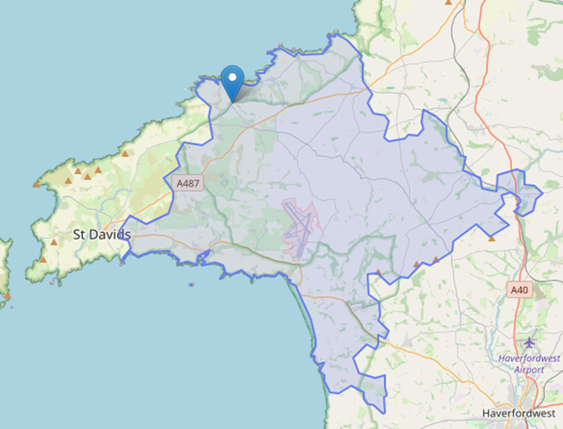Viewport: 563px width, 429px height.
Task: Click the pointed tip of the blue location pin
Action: click(x=232, y=101)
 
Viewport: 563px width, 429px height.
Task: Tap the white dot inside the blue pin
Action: click(x=232, y=78)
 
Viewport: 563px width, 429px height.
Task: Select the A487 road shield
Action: click(x=189, y=183)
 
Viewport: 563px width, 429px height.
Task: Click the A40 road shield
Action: click(x=521, y=289)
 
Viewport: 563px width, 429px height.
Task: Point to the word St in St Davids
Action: click(x=79, y=235)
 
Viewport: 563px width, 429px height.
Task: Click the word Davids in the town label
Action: click(x=111, y=235)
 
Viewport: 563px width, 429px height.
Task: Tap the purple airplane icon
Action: click(x=530, y=342)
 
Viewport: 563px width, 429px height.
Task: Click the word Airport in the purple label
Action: click(x=530, y=369)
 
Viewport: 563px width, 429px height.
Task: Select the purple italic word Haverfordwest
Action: click(x=529, y=358)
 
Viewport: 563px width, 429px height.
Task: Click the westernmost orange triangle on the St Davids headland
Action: click(x=36, y=184)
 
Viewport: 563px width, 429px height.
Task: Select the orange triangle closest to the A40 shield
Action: click(x=492, y=238)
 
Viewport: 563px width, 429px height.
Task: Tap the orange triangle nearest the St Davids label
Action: click(x=54, y=243)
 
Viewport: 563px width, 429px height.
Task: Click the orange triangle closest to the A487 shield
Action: click(x=125, y=154)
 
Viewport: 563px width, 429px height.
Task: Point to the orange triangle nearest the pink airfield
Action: click(x=379, y=271)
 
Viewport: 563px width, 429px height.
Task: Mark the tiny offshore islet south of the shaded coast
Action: click(x=191, y=285)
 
